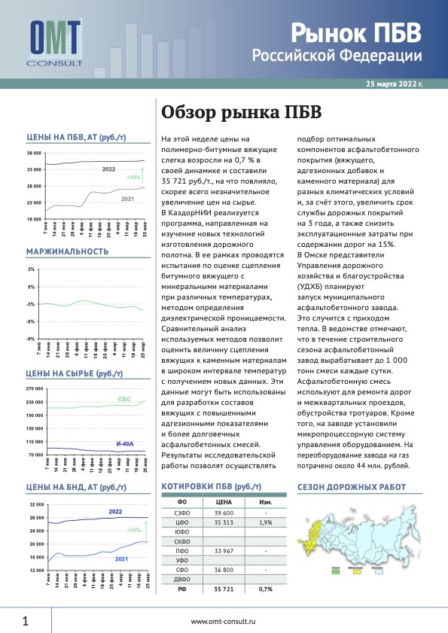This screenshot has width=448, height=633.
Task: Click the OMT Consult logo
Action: coord(55,41)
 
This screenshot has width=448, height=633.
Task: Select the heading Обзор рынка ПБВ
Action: coord(241,112)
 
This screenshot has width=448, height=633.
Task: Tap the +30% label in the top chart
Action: coord(133,177)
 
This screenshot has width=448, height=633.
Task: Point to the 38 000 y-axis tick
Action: coord(35,153)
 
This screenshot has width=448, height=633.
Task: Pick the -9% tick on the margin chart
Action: coord(31,339)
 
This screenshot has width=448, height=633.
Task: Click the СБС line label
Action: coord(124,398)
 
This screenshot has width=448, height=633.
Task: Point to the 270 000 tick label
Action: coord(35,388)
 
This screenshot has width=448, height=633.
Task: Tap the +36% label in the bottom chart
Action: coord(135,530)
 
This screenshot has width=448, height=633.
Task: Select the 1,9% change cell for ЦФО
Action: coord(266,521)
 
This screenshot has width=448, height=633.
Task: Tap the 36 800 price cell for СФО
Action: coord(224,570)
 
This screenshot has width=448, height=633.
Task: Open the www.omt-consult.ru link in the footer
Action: coord(224,621)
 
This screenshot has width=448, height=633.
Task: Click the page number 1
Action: coord(26,621)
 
